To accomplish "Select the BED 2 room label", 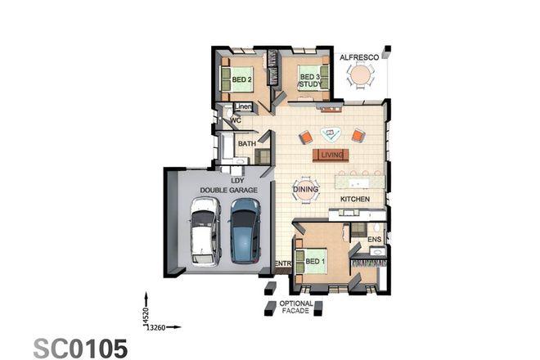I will [241, 80].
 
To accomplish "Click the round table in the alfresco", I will [359, 76].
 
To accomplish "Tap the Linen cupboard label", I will [243, 107].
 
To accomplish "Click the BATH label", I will [246, 145].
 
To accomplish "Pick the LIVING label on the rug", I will [332, 154].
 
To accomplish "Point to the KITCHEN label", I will [356, 200].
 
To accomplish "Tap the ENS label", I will [375, 239].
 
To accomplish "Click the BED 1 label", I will [315, 262].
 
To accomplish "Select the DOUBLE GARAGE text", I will [232, 190].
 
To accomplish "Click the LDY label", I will [237, 180].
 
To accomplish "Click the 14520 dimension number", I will [146, 313].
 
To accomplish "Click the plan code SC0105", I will [80, 348].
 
